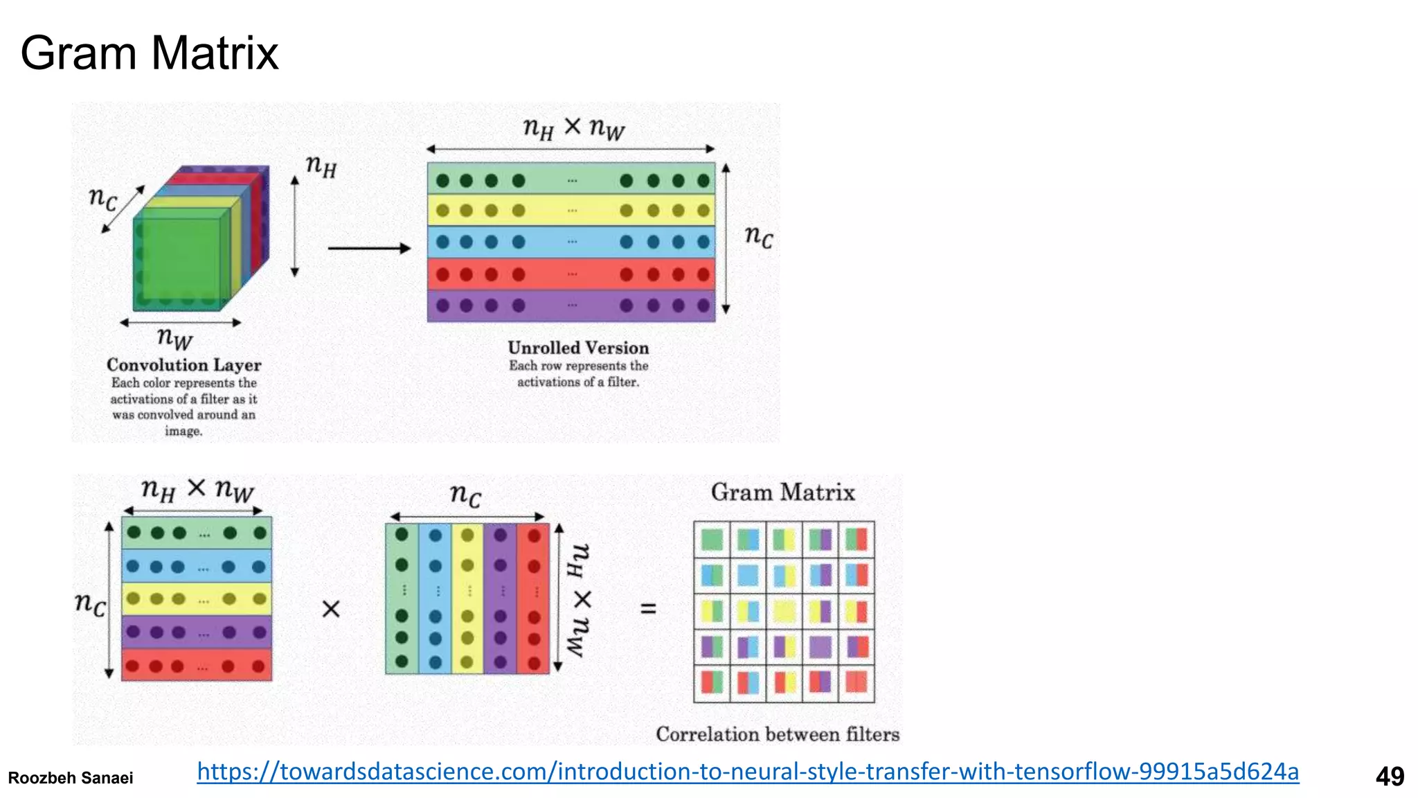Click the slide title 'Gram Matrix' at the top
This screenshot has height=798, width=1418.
tap(149, 53)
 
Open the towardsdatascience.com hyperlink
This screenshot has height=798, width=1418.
tap(748, 771)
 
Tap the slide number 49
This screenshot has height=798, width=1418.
tap(1390, 777)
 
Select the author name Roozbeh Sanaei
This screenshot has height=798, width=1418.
tap(71, 778)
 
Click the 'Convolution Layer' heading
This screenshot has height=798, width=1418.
tap(183, 365)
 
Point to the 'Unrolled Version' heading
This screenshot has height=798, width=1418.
tap(578, 348)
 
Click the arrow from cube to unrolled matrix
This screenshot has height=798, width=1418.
tap(369, 248)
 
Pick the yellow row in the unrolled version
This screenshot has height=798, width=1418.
tap(571, 211)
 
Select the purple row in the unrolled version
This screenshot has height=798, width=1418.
tap(571, 305)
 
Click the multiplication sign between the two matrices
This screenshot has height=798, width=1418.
tap(331, 609)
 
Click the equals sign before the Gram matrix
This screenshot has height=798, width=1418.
tap(648, 609)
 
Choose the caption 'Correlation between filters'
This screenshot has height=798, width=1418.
tap(778, 734)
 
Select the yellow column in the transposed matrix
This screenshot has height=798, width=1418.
tap(467, 598)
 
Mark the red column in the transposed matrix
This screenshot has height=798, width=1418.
tap(534, 598)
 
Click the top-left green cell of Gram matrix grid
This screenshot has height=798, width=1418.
tap(712, 539)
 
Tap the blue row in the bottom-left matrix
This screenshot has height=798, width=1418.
tap(197, 567)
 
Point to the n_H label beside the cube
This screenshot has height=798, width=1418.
tap(321, 166)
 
